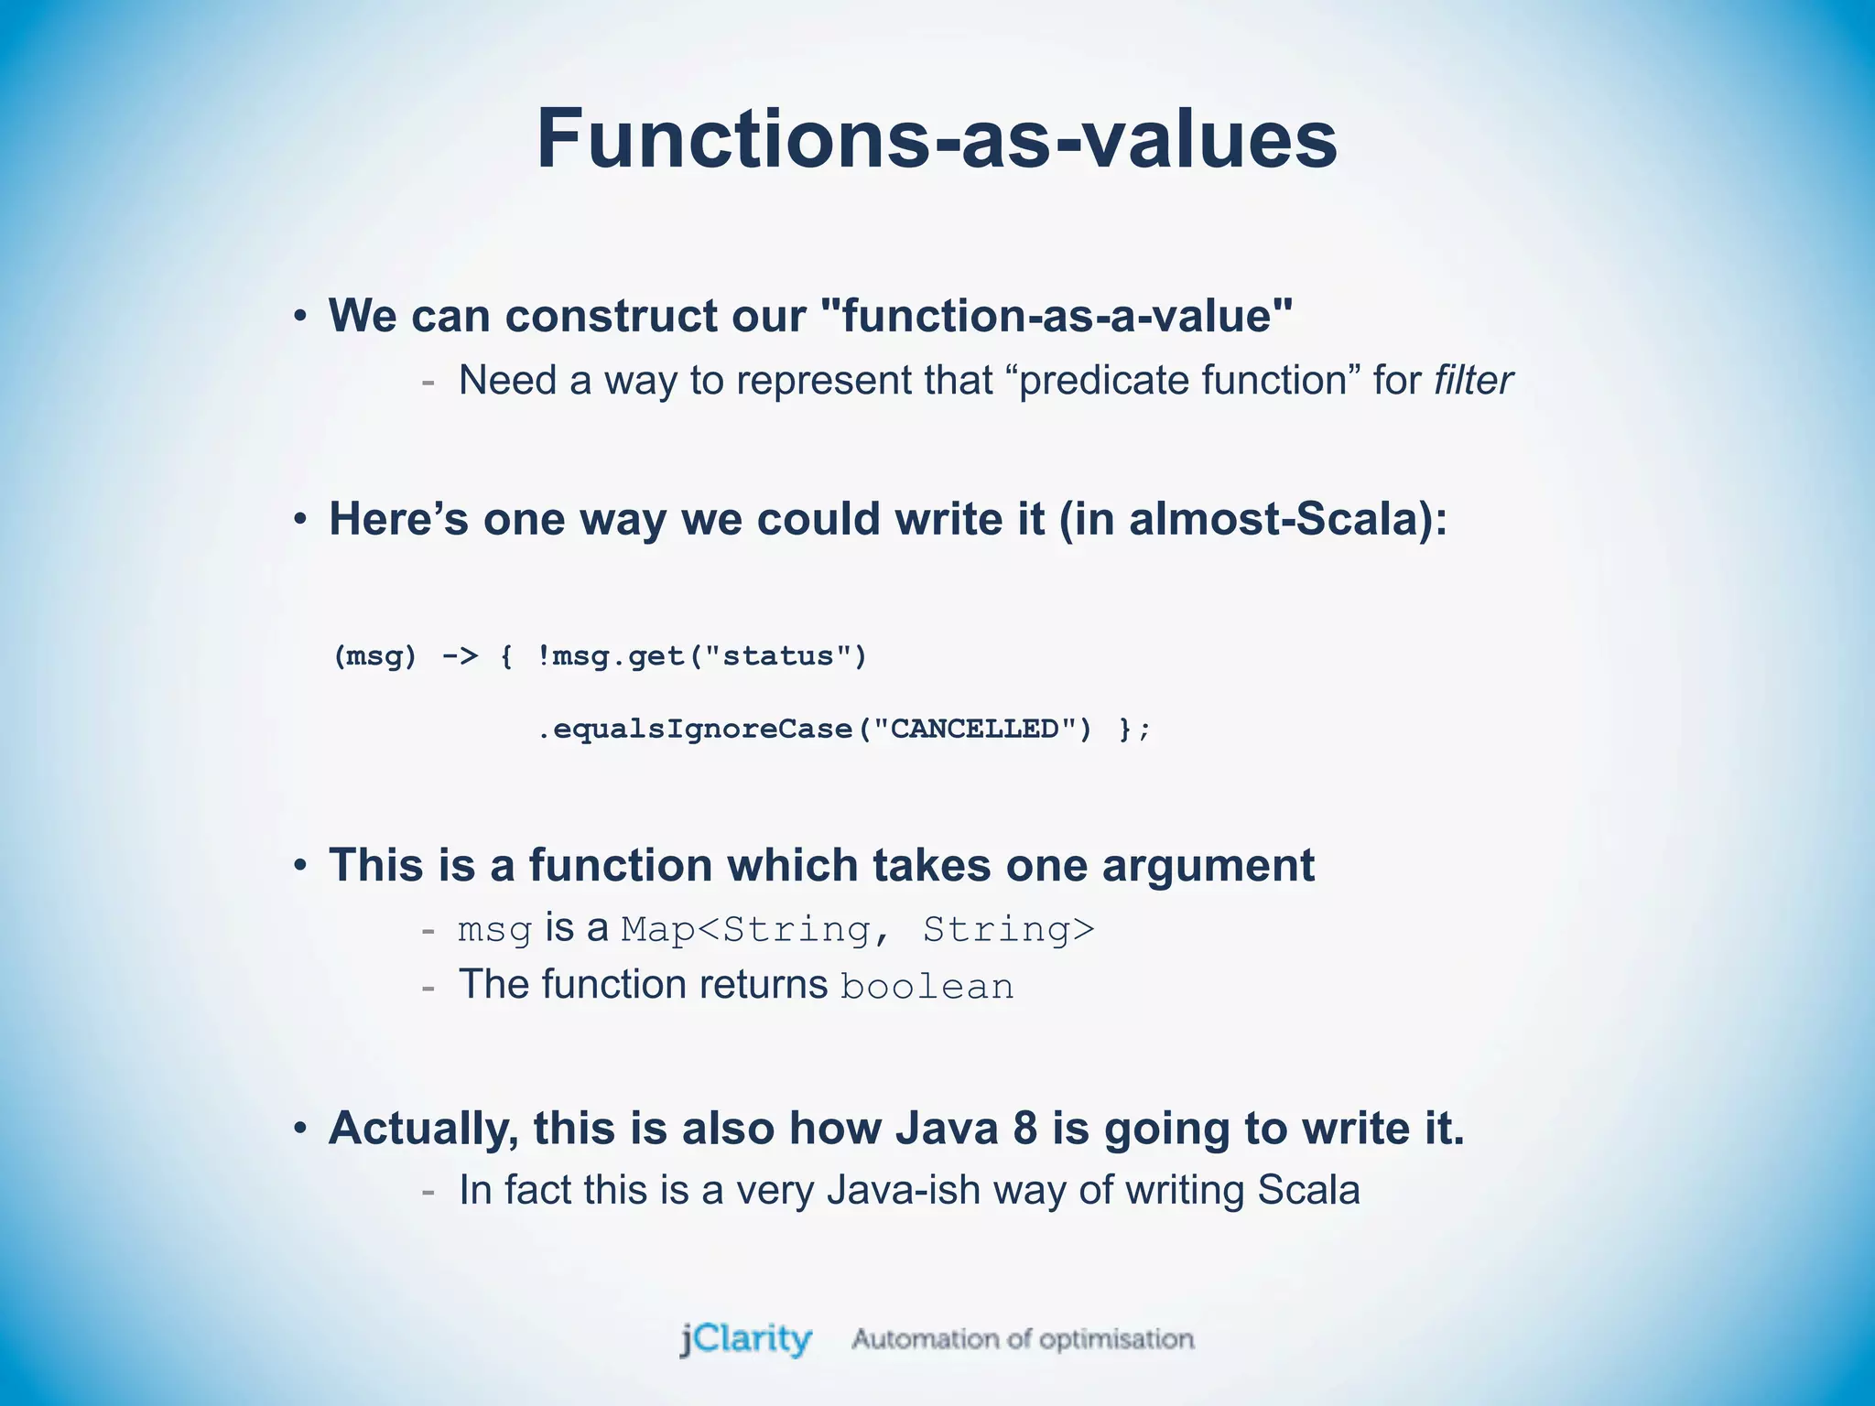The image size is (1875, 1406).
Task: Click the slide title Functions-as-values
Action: [x=936, y=139]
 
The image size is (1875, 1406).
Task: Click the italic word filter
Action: [x=1473, y=381]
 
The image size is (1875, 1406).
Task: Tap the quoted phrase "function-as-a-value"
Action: [x=1057, y=316]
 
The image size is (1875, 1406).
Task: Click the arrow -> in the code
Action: [x=460, y=656]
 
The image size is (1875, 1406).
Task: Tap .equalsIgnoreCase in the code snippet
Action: [x=694, y=730]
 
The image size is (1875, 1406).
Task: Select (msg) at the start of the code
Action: [x=374, y=656]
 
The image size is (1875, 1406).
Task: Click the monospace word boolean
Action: [x=927, y=987]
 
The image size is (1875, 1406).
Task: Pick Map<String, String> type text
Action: [x=857, y=930]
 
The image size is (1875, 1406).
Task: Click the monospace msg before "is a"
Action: [x=494, y=930]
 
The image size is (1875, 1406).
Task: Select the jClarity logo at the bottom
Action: [x=746, y=1339]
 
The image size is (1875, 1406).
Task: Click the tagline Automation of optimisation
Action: [x=1023, y=1339]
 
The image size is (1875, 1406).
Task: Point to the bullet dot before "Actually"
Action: [x=300, y=1129]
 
